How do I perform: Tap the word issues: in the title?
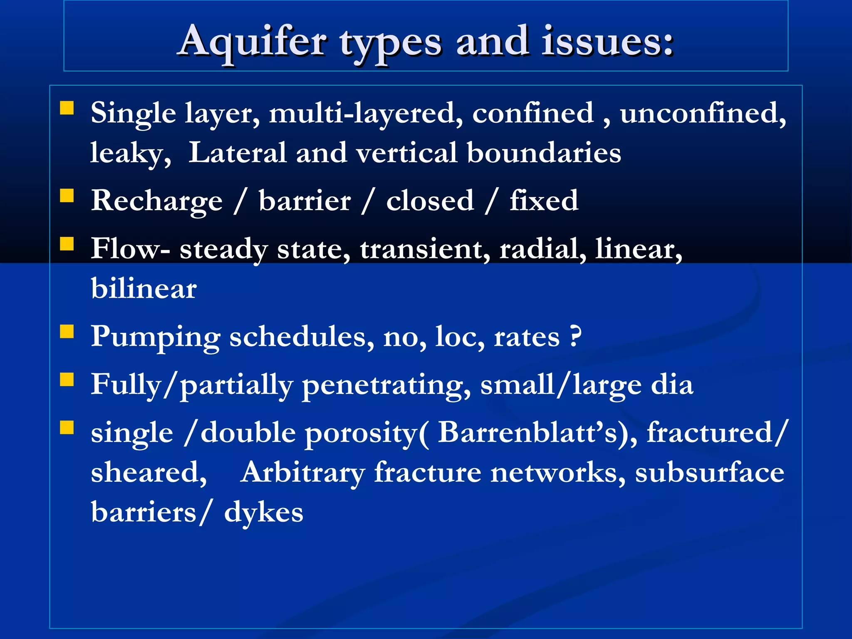607,42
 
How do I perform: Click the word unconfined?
703,113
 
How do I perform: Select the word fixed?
544,201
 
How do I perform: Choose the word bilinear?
144,288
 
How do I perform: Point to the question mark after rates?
575,336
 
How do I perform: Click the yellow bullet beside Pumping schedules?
67,332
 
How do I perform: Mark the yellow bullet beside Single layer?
67,108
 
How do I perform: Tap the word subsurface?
709,473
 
